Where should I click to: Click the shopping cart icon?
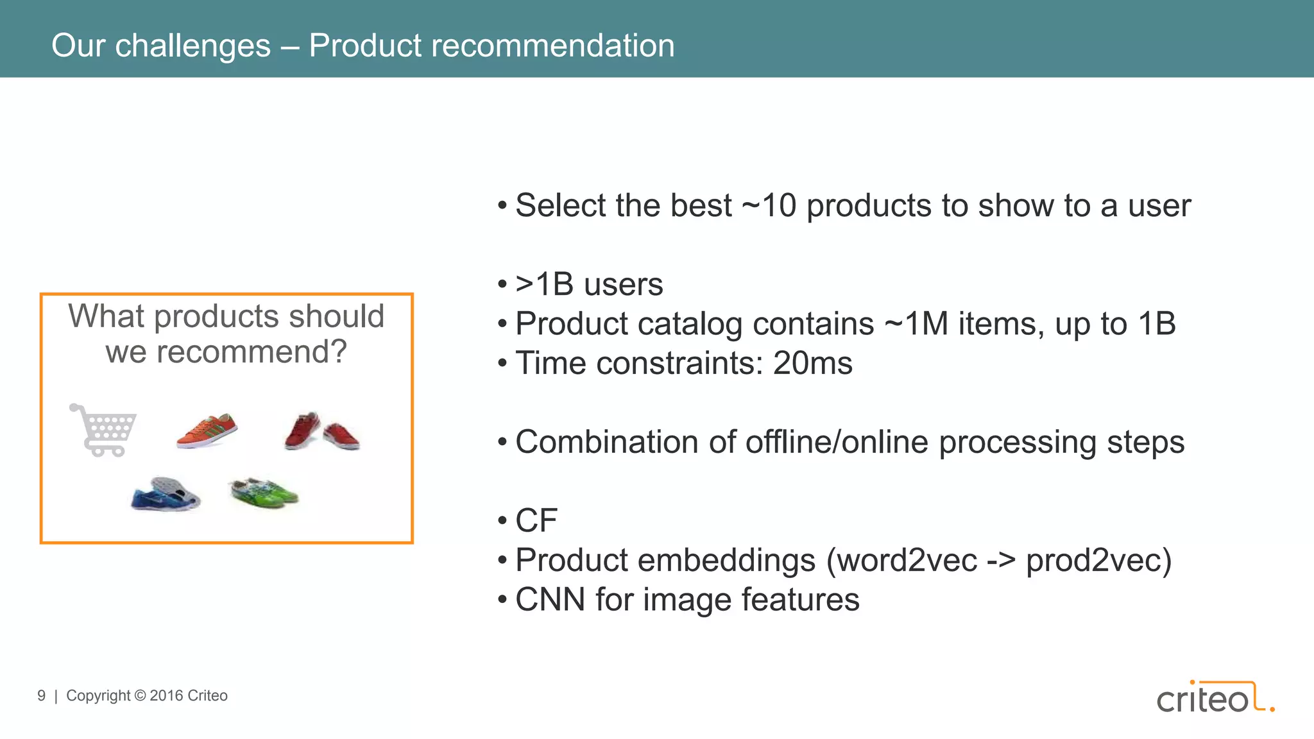103,430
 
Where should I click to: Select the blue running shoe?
166,495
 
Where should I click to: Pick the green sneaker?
264,492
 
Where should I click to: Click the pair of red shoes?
322,431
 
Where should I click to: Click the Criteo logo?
1215,697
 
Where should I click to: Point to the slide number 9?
42,696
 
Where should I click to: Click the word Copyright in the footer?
98,696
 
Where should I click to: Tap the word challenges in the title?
192,46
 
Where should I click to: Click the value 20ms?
812,364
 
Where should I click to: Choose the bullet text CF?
536,521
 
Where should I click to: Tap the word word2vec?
907,561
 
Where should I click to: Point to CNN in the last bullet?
550,600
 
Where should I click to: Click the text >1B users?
589,285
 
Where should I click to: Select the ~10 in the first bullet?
769,206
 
